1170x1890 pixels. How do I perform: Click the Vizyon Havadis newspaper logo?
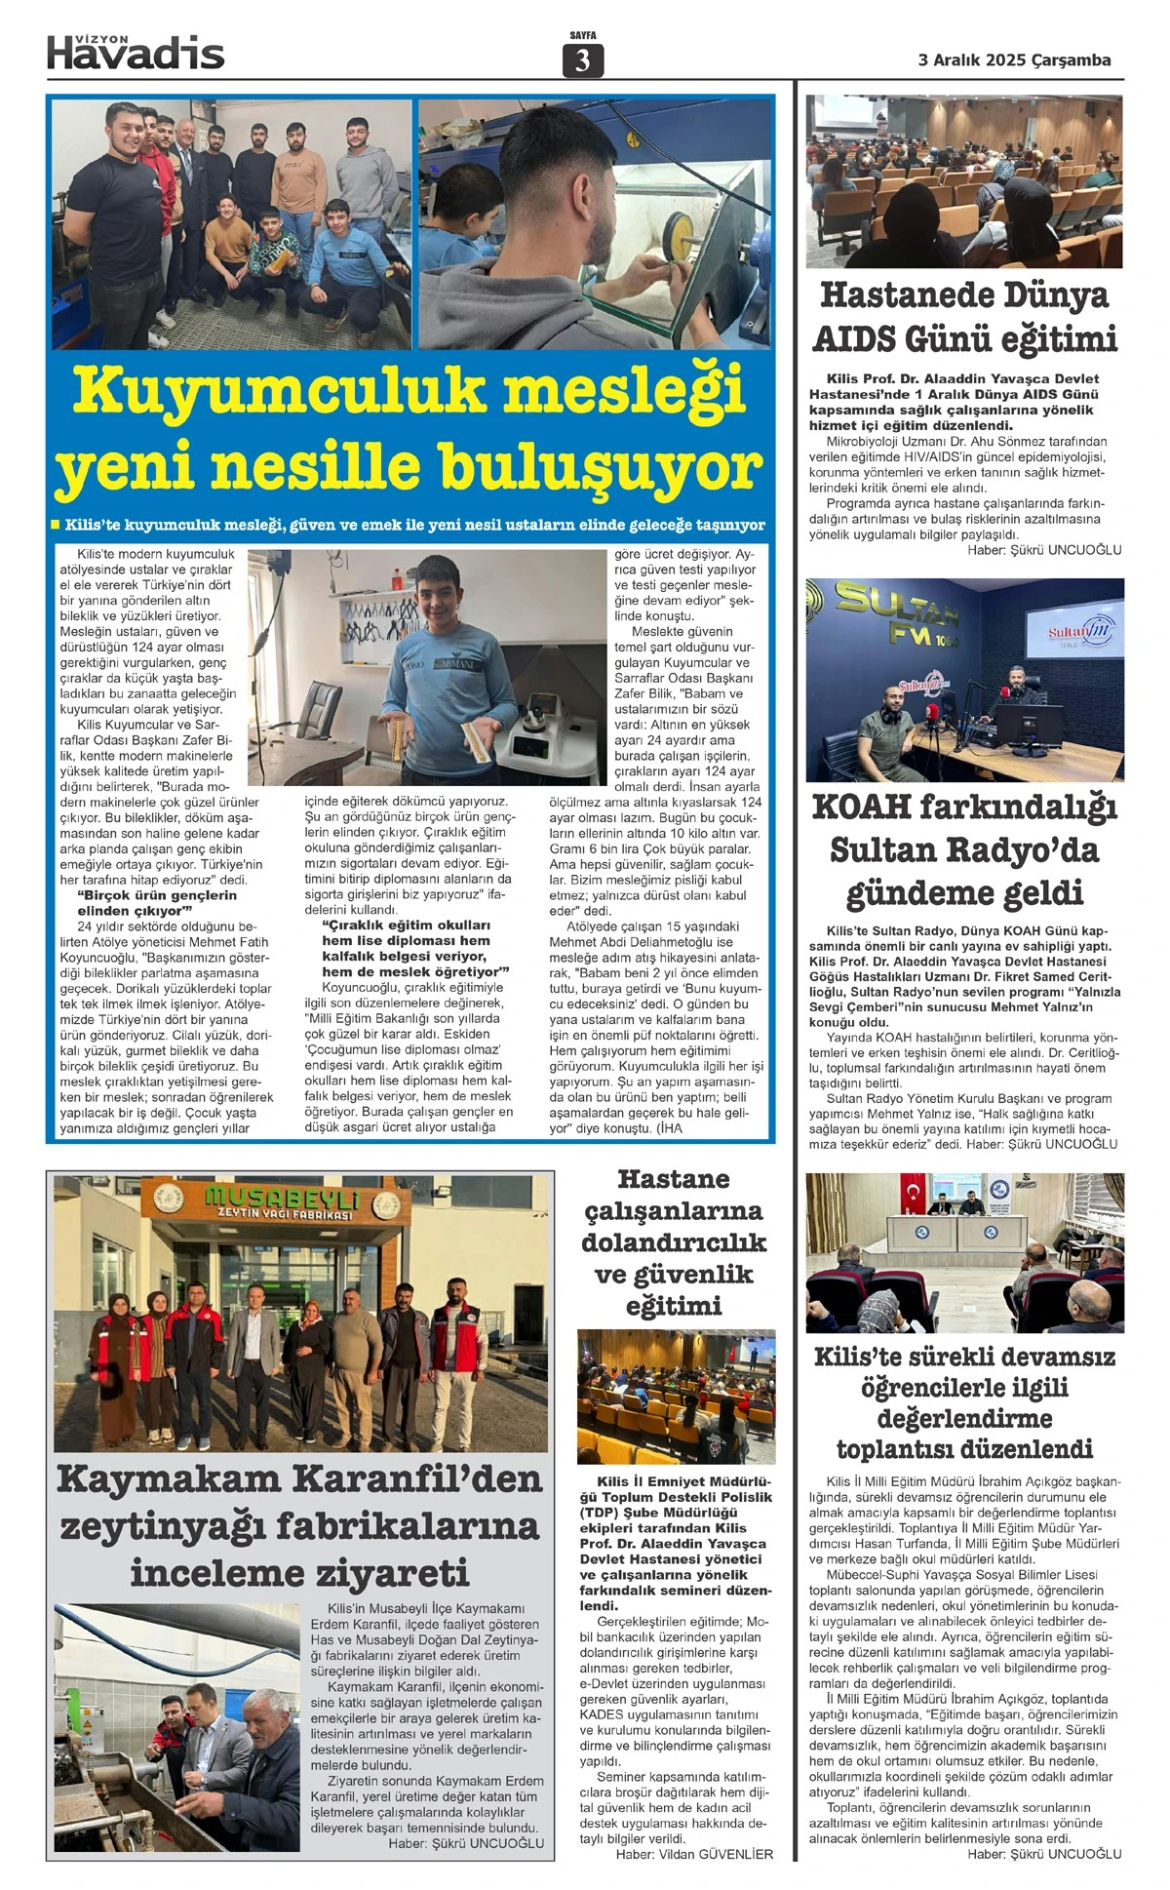[136, 52]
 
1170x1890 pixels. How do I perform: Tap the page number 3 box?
[582, 60]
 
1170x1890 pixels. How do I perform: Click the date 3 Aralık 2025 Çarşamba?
[1014, 59]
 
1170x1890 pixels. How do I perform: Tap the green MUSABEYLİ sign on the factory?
[283, 1200]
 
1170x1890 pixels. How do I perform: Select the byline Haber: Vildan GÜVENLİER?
[694, 1853]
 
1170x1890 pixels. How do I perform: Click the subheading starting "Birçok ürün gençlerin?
[156, 902]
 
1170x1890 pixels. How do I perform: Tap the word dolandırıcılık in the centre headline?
[674, 1241]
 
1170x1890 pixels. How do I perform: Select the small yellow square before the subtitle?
[56, 525]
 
